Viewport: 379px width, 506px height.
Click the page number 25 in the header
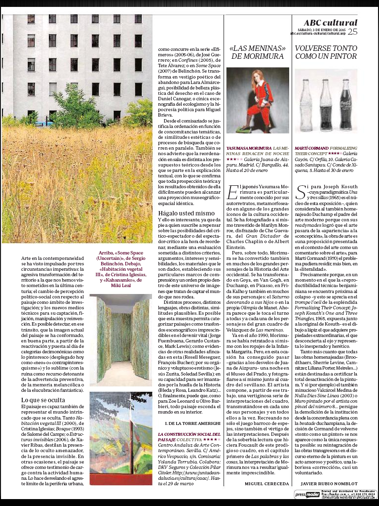[x=352, y=32]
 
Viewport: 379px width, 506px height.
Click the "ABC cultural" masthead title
[x=330, y=22]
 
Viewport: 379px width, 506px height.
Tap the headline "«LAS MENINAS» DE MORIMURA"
[x=258, y=52]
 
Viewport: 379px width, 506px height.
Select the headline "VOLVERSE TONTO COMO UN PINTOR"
[x=326, y=52]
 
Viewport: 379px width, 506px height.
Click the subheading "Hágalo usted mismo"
[x=180, y=213]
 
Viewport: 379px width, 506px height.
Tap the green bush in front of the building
[x=74, y=109]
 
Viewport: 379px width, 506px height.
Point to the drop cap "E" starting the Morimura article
[x=232, y=190]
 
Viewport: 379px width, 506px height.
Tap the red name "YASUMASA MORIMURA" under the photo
[x=249, y=148]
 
